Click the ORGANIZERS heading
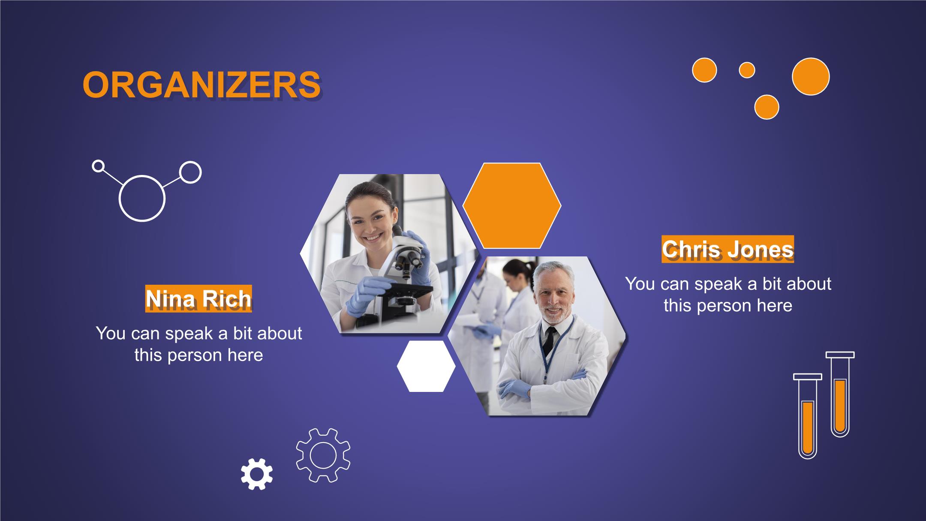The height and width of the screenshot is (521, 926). [201, 85]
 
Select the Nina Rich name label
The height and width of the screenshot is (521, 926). [198, 298]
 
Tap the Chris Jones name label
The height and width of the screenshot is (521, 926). [728, 249]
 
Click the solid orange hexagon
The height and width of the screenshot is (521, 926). [512, 205]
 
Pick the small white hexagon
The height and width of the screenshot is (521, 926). [426, 366]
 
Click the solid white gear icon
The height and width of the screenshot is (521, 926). [256, 474]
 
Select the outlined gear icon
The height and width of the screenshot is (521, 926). [323, 455]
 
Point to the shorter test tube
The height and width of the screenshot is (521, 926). [808, 416]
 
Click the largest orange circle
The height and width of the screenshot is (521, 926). [810, 77]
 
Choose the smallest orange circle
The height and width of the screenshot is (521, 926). [747, 70]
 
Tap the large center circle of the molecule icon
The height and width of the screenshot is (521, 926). [142, 198]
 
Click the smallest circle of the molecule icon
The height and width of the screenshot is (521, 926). [98, 166]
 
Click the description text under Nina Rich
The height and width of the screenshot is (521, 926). [199, 344]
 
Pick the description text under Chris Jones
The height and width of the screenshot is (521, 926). [728, 295]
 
